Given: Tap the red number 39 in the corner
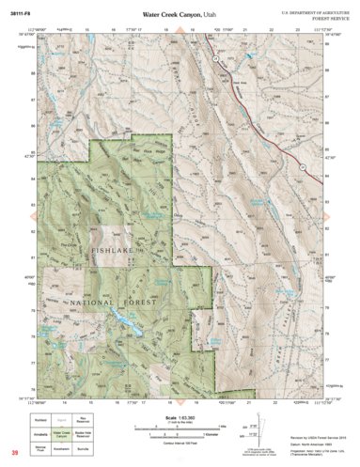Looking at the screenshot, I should click(15, 454).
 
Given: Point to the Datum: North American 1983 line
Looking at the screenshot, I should click(306, 438).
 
